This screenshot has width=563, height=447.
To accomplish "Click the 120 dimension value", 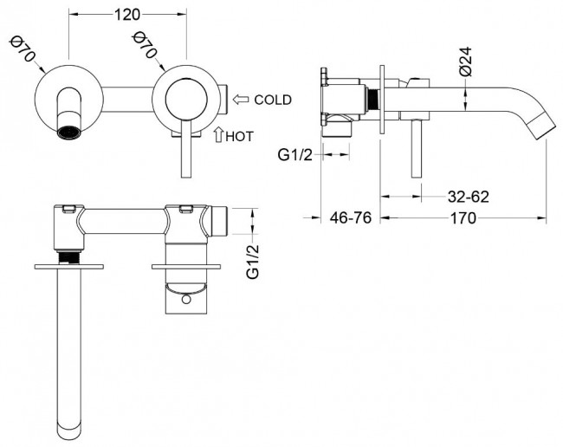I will tap(128, 15).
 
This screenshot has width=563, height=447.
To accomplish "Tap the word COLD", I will tap(273, 100).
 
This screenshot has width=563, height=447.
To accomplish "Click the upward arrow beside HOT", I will tap(217, 135).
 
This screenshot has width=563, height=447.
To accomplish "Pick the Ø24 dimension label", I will tap(465, 62).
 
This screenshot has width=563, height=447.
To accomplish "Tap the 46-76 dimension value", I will tap(351, 218).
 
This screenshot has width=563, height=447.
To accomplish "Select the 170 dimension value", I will tap(463, 218).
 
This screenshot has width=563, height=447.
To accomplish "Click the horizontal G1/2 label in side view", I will tap(295, 155).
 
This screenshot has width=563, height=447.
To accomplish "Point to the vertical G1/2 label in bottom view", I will tap(254, 260).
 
